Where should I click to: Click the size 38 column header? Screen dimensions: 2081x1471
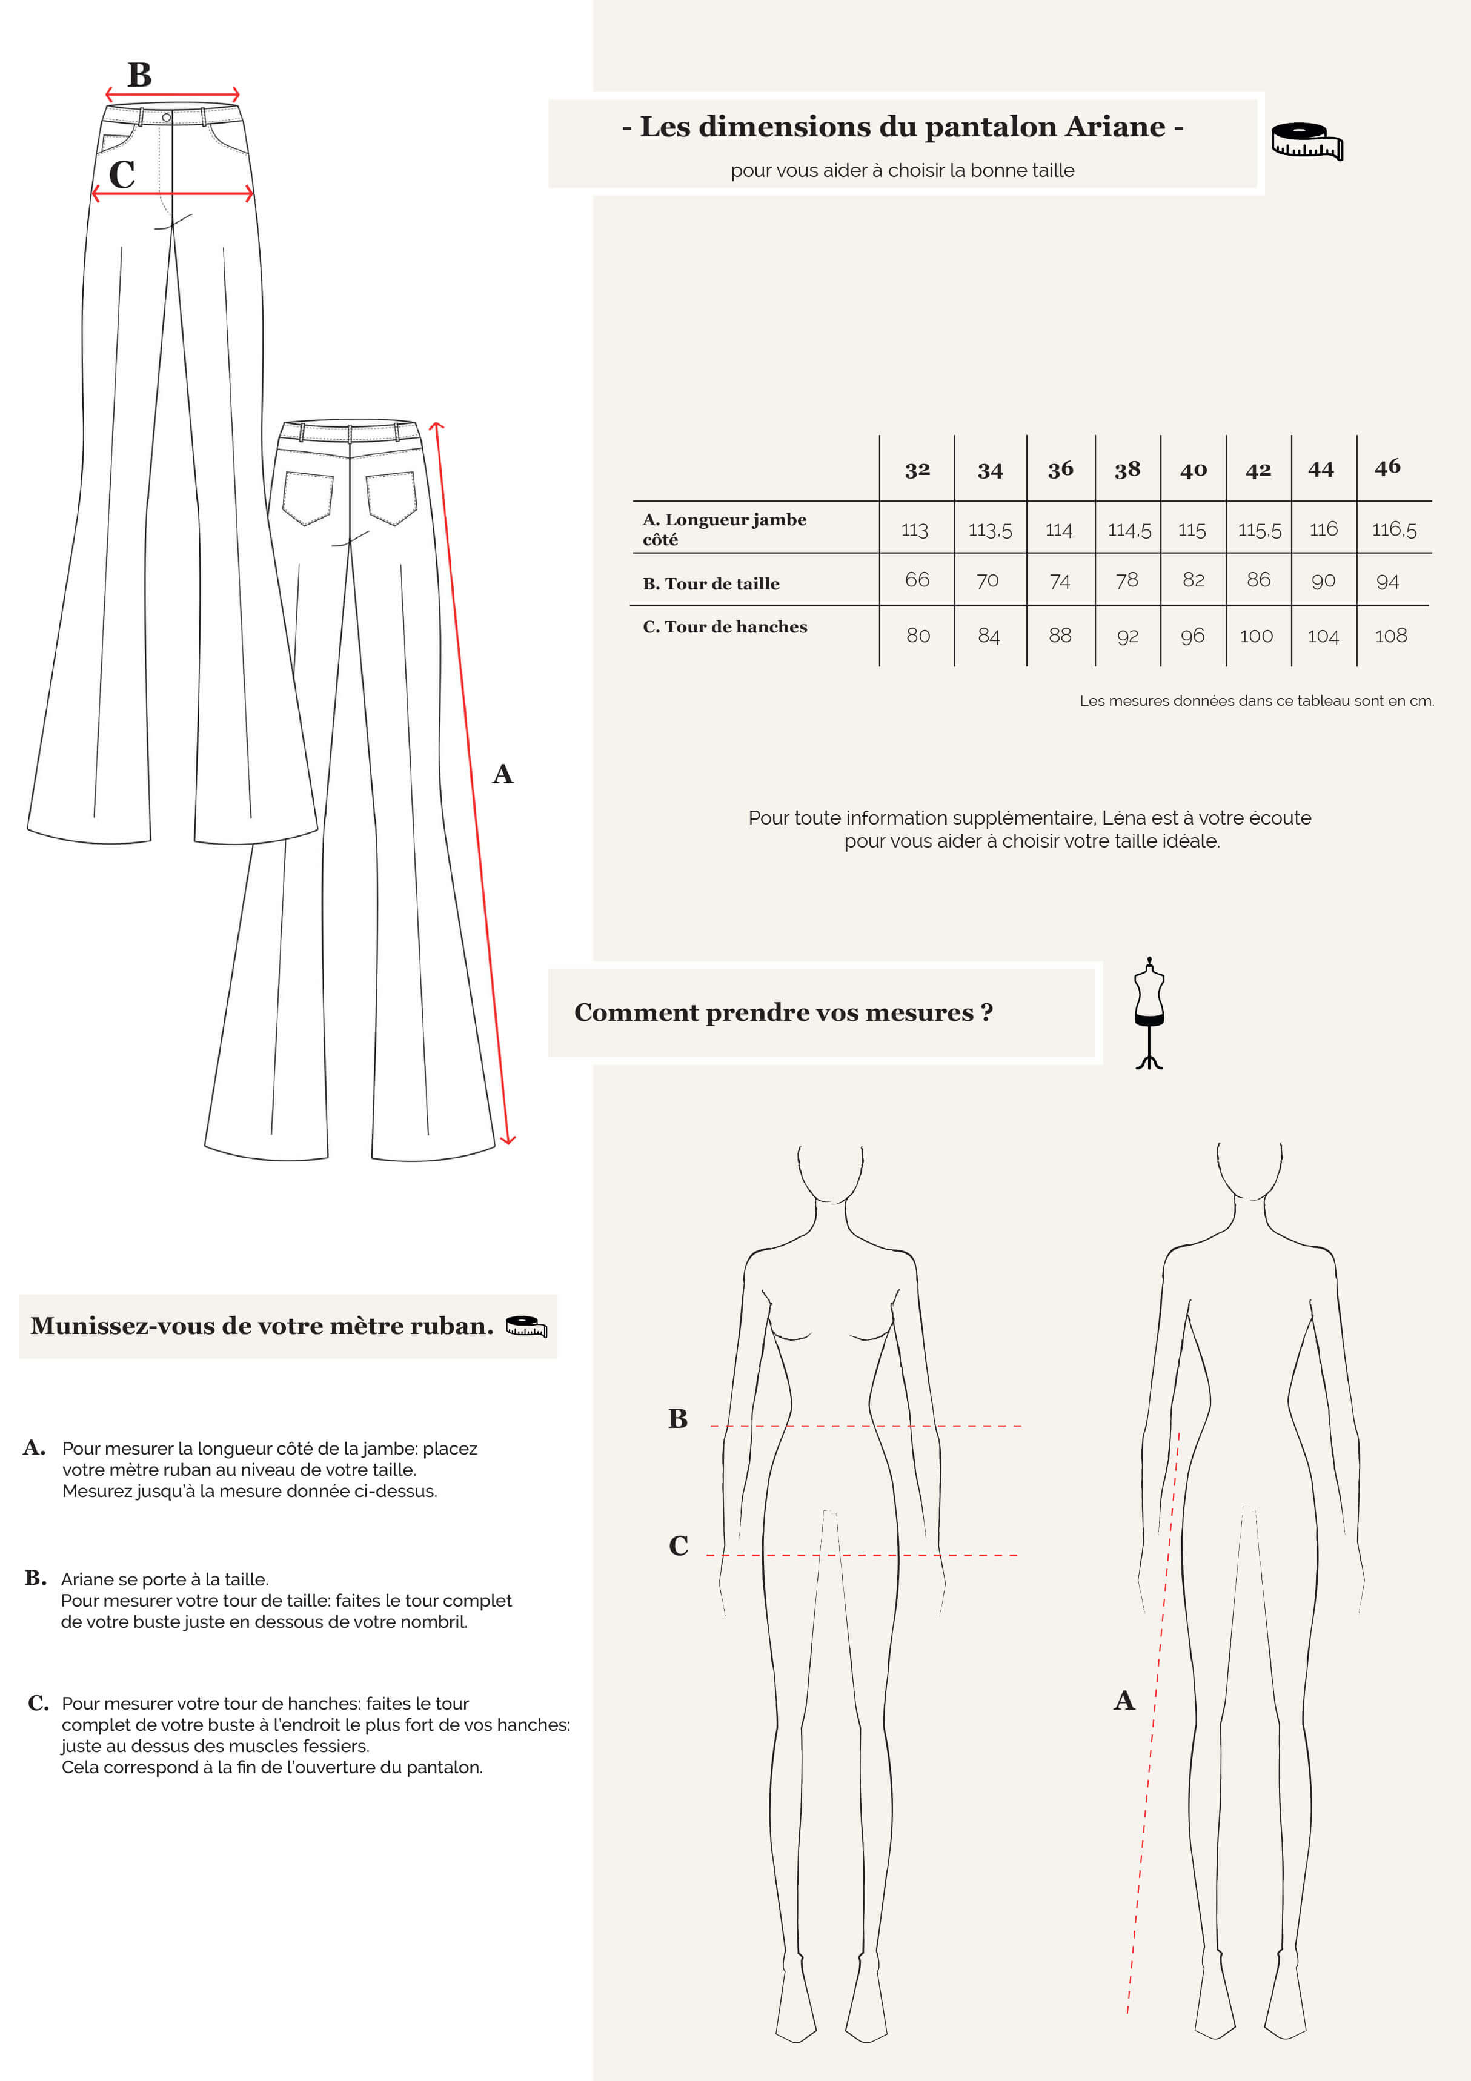coord(1127,470)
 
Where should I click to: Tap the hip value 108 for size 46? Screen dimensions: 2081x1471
coord(1390,636)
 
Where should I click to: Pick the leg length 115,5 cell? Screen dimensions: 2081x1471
coord(1259,530)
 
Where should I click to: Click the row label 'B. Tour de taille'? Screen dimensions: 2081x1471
coord(711,583)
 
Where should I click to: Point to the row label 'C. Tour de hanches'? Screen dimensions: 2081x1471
coord(724,626)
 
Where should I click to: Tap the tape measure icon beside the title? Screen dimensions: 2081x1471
coord(1306,141)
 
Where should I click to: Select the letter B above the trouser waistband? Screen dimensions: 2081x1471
coord(139,75)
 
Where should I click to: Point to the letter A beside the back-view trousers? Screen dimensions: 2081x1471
coord(503,774)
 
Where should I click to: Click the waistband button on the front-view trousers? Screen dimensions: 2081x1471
coord(166,118)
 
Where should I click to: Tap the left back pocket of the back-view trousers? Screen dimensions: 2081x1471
coord(307,497)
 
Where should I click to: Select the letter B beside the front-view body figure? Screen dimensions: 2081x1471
coord(678,1418)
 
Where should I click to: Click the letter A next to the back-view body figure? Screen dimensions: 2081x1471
coord(1124,1701)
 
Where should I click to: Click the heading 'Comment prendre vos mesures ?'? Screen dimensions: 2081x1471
coord(783,1012)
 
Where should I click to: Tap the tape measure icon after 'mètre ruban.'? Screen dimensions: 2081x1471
coord(526,1326)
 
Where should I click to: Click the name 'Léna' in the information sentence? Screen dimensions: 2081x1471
coord(1124,817)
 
